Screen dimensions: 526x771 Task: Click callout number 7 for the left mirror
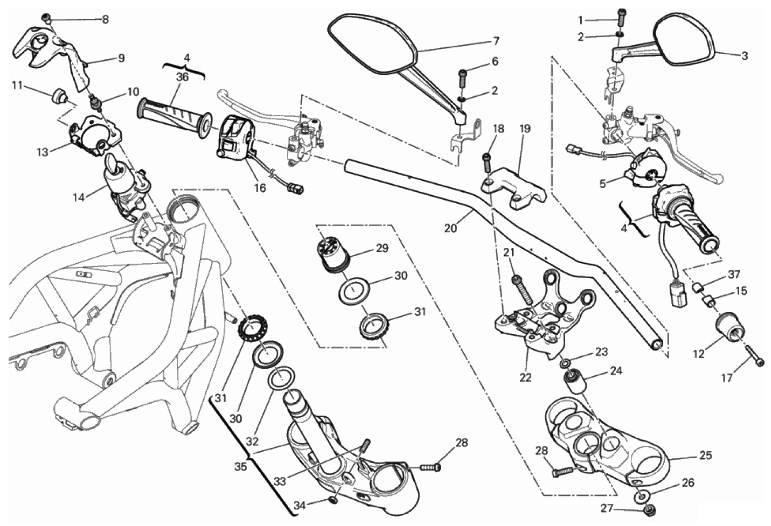[496, 41]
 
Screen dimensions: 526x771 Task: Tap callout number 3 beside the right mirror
[745, 56]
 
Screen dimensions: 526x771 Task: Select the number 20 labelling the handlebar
[450, 229]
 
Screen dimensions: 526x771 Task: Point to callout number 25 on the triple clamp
[705, 455]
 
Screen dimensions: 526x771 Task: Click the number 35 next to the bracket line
[240, 467]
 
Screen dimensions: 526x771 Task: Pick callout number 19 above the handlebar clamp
[525, 129]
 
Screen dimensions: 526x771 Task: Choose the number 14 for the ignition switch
[79, 197]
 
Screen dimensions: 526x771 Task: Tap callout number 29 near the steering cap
[382, 248]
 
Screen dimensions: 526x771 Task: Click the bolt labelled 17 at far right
[754, 361]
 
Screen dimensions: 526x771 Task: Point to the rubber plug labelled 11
[58, 98]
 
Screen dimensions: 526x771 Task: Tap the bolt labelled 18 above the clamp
[487, 160]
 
